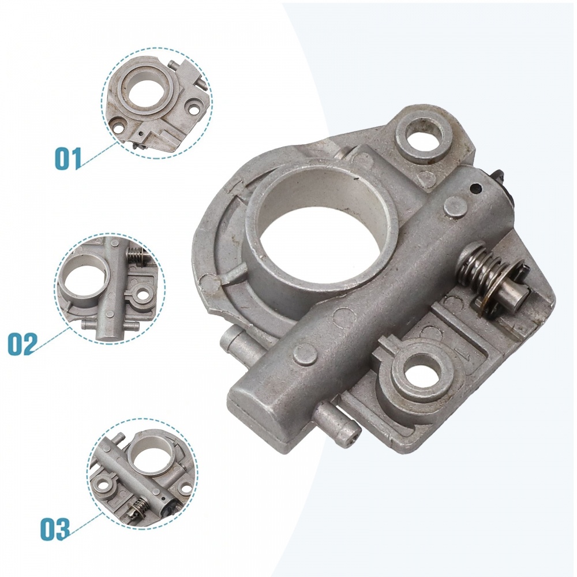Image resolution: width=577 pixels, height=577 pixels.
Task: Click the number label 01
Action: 69,158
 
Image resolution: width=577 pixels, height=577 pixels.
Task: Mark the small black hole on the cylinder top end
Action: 475,189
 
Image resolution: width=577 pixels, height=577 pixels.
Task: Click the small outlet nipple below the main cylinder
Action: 338,423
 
